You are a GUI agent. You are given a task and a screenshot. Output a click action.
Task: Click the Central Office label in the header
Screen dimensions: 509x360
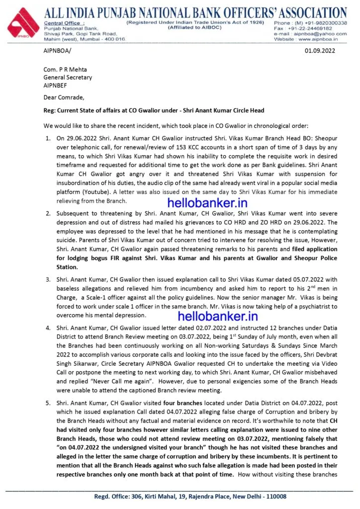coord(63,23)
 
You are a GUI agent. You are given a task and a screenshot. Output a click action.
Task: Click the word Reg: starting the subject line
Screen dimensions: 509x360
coord(50,110)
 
